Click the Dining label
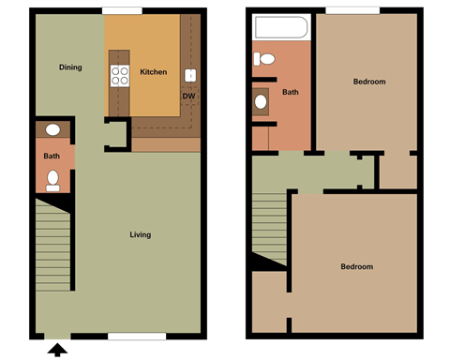pos(70,67)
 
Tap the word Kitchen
pos(154,72)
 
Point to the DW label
pos(188,96)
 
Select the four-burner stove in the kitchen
pos(120,75)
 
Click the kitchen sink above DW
pos(190,75)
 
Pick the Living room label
pos(140,234)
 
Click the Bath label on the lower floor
pos(51,156)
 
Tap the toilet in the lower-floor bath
pos(53,179)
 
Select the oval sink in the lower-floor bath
pos(53,130)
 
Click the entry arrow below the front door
pos(56,352)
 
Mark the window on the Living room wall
pos(137,337)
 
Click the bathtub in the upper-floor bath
pos(280,28)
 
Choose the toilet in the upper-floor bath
pos(262,59)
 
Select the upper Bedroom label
pos(369,82)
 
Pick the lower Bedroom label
pos(356,267)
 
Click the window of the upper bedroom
pos(352,10)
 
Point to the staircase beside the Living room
pos(54,248)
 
